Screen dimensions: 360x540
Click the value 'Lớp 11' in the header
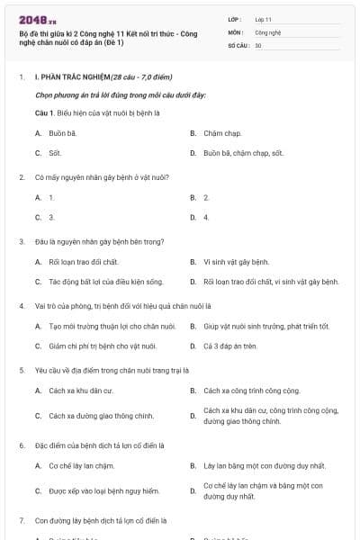point(264,18)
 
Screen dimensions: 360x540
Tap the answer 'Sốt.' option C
point(56,153)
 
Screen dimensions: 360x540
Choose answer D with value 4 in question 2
point(206,217)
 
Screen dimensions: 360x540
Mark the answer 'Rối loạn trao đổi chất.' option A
point(84,262)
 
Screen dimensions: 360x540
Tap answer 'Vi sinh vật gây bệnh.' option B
point(237,262)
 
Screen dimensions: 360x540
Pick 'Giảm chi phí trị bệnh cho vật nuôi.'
point(105,346)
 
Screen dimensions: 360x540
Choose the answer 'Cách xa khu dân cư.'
point(80,391)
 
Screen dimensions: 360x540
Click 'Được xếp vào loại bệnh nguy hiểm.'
point(103,490)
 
